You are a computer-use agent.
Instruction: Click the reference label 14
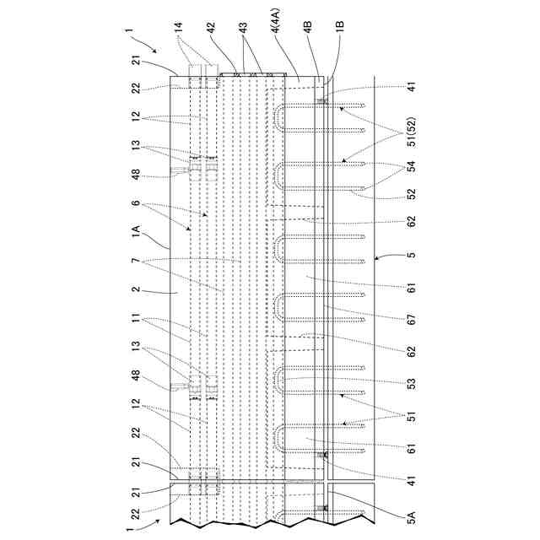[180, 27]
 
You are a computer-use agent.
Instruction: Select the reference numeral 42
[211, 27]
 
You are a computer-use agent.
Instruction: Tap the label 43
[245, 27]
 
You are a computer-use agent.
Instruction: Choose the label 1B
[338, 27]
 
